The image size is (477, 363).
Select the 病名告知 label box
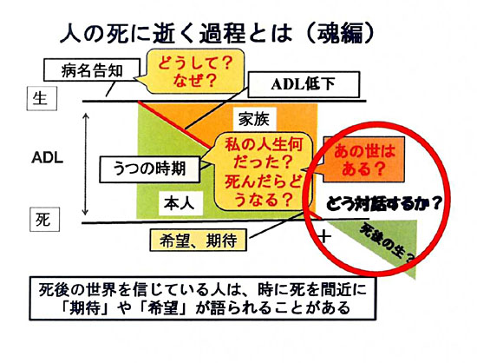pyautogui.click(x=92, y=70)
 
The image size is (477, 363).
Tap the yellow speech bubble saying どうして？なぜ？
pyautogui.click(x=194, y=71)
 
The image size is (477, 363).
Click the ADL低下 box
pyautogui.click(x=304, y=84)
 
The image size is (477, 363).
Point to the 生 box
pyautogui.click(x=42, y=98)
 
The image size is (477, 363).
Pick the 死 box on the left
pyautogui.click(x=44, y=219)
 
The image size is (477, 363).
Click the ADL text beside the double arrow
pyautogui.click(x=48, y=158)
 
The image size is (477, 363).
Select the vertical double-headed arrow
pyautogui.click(x=86, y=164)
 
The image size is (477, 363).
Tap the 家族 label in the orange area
pyautogui.click(x=254, y=119)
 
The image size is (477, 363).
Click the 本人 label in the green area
pyautogui.click(x=180, y=203)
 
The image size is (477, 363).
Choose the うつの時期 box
pyautogui.click(x=150, y=169)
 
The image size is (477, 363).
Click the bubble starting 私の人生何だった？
pyautogui.click(x=262, y=171)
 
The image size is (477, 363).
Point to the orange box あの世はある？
pyautogui.click(x=364, y=159)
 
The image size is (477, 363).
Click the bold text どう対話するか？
pyautogui.click(x=384, y=203)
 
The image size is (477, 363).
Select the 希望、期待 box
pyautogui.click(x=199, y=241)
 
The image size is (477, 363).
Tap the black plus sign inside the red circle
pyautogui.click(x=324, y=236)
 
